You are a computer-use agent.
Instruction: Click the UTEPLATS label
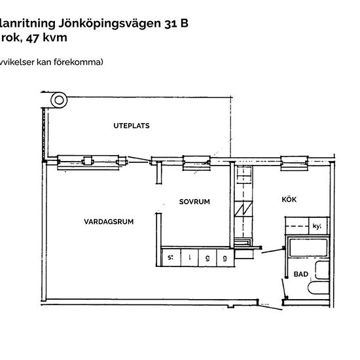126,125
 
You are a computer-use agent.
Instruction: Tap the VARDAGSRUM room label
109,222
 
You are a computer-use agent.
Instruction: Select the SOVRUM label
194,202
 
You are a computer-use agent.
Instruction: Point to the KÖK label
290,200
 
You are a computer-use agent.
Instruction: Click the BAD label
301,274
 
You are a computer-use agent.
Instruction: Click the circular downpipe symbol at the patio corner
59,100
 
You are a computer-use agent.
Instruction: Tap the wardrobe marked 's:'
171,258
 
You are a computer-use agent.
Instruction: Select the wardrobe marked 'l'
189,258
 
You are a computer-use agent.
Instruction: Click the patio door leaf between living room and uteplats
139,157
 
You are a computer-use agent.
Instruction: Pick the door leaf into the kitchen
269,249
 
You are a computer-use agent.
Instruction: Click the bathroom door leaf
284,287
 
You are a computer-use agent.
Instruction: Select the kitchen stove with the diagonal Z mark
243,210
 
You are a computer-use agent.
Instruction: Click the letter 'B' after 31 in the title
185,24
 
